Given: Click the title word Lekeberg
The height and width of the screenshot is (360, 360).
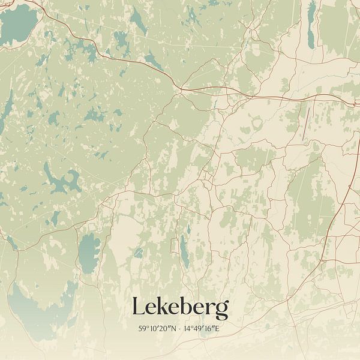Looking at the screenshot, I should [180, 308].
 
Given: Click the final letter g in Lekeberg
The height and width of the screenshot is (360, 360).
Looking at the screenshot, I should [222, 311].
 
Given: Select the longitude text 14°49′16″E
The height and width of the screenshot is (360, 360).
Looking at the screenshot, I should [203, 329].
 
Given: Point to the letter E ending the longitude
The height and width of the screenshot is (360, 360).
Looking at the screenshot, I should [220, 329].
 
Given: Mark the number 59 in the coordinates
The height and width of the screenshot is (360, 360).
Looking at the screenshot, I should [142, 329].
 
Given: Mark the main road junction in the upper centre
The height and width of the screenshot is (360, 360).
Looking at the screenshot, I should [179, 88].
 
